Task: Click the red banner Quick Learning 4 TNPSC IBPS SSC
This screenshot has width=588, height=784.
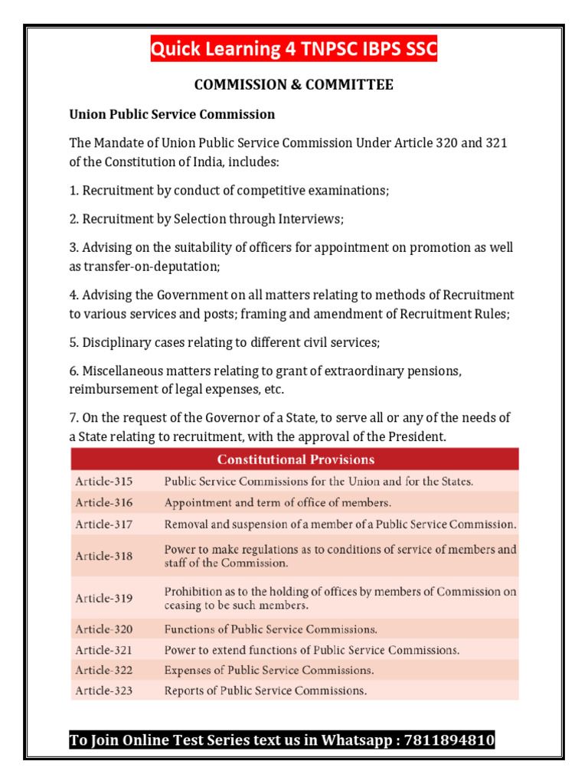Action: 294,50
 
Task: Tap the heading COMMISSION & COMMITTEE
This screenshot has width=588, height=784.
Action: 294,85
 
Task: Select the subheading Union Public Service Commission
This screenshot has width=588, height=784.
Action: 172,115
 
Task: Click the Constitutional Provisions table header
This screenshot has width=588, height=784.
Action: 296,459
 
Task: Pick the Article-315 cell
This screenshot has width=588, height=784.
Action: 103,482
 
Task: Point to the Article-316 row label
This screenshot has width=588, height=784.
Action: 103,503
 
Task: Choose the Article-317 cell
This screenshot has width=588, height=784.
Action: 103,524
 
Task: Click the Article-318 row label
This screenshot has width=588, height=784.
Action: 103,556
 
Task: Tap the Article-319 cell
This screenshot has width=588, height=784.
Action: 103,598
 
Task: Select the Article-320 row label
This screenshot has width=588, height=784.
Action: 103,629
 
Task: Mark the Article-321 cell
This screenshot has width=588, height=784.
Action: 103,650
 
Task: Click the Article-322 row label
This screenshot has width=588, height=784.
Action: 103,670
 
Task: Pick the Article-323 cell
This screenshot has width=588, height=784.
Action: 103,691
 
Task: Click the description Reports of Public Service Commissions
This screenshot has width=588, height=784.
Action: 266,691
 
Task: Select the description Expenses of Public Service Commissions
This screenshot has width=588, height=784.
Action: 269,670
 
